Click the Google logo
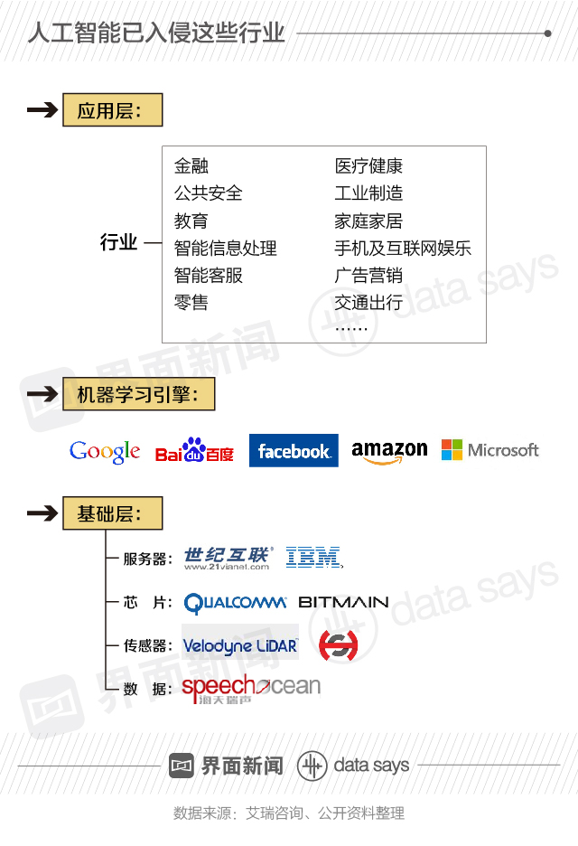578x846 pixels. coord(105,451)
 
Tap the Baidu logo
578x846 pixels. coord(193,451)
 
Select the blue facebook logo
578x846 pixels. coord(294,451)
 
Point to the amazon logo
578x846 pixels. coord(389,451)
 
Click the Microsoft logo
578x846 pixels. coord(489,450)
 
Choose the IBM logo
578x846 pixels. coord(313,558)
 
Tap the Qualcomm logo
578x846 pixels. coord(235,603)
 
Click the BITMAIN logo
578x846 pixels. coord(343,602)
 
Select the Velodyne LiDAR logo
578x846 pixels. coord(239,645)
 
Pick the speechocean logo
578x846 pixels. coord(250,690)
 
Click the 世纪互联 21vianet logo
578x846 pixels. coord(228,559)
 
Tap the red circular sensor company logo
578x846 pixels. coord(338,644)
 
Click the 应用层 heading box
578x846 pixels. coord(112,111)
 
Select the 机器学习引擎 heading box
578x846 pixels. coord(138,394)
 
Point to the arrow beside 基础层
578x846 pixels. coord(42,513)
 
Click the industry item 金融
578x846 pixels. coord(191,166)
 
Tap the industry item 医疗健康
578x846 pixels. coord(368,166)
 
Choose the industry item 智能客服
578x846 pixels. coord(209,276)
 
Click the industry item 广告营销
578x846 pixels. coord(368,276)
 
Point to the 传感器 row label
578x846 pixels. coord(147,646)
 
